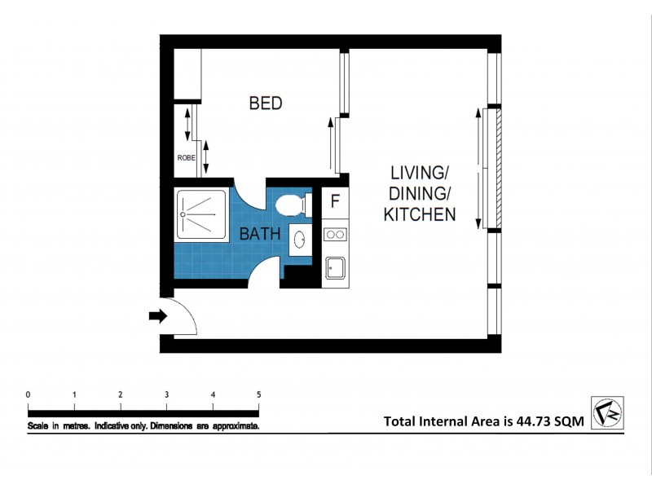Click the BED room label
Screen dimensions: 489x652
coord(266,104)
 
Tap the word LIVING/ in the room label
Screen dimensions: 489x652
coord(420,173)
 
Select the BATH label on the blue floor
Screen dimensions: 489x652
coord(260,234)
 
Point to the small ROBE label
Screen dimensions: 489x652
coord(186,158)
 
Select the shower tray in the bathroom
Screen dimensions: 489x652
coord(201,215)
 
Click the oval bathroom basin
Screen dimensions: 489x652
coord(299,240)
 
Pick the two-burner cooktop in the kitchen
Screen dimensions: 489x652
coord(334,235)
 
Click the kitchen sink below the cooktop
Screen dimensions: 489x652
coord(334,266)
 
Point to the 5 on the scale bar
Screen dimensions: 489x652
coord(259,394)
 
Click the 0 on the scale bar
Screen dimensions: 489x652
coord(29,394)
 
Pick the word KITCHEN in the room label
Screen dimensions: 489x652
coord(419,215)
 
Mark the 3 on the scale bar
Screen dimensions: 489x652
coord(167,394)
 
